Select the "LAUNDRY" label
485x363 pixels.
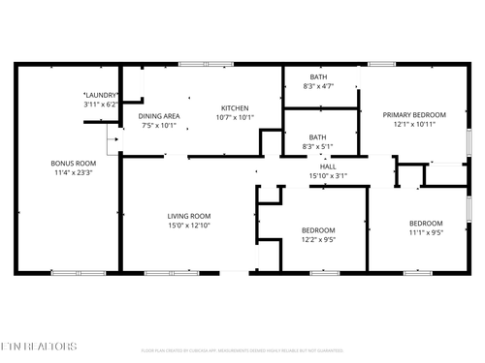pos(101,94)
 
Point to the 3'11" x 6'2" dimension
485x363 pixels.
pos(101,104)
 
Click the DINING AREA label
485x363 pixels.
pos(159,114)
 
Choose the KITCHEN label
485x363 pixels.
pos(235,107)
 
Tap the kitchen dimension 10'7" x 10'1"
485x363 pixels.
pos(235,118)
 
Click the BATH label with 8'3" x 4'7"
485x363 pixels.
pos(318,77)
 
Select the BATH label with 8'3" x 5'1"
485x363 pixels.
pos(318,137)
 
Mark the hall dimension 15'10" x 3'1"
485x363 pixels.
pos(328,176)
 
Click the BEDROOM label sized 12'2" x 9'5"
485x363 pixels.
pos(318,229)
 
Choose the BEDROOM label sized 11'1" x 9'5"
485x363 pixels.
pos(425,223)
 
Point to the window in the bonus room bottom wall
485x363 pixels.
pos(65,273)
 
